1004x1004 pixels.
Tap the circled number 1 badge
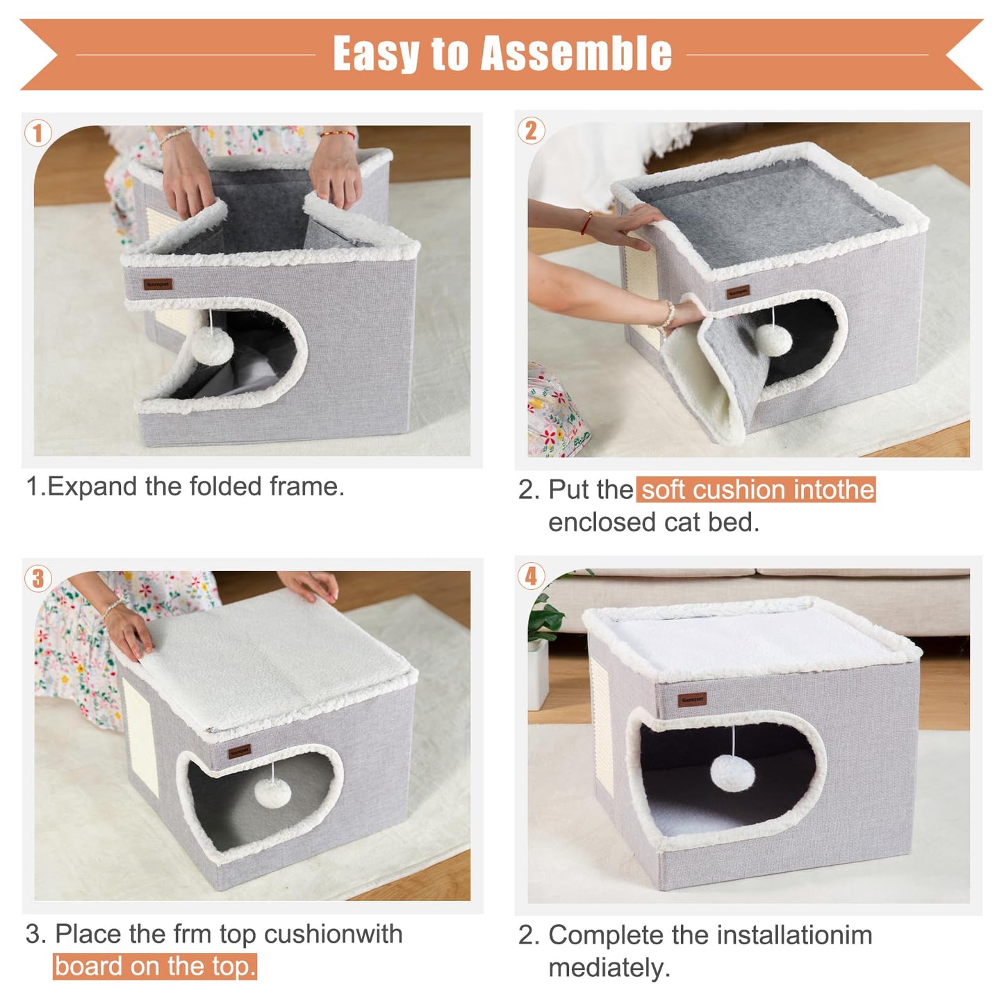(x=38, y=133)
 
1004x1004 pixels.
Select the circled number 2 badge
(x=531, y=131)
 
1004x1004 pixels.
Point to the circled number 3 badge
(x=38, y=578)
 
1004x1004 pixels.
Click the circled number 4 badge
(x=531, y=576)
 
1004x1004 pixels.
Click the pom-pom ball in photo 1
(x=211, y=345)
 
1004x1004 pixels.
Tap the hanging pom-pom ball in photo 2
(x=773, y=339)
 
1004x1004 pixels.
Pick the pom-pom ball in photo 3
(x=276, y=792)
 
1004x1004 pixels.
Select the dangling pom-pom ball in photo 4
(x=733, y=773)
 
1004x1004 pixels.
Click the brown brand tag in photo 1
(x=158, y=284)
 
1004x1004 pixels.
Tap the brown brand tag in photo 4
(x=692, y=699)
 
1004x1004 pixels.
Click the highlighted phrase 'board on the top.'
(x=155, y=966)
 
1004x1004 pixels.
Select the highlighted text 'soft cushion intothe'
(x=757, y=490)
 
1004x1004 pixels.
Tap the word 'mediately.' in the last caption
(x=609, y=968)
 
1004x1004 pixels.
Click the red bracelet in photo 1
(x=338, y=134)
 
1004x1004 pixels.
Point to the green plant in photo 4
(x=545, y=618)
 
